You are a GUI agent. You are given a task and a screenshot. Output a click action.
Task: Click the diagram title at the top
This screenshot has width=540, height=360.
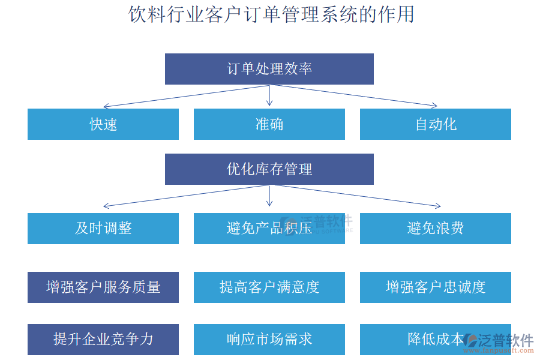point(271,14)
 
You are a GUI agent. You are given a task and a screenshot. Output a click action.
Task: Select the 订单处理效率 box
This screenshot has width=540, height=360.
point(269,69)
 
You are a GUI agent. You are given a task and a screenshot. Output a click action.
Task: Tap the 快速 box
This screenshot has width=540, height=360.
point(103,124)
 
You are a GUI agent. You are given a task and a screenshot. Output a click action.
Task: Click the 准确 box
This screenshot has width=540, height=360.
point(269,124)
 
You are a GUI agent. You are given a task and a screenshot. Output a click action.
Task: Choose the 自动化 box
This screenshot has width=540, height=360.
point(436,124)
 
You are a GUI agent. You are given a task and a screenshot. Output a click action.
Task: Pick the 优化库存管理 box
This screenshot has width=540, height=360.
point(269,169)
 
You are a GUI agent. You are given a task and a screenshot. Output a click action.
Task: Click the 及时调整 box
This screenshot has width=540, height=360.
point(103,229)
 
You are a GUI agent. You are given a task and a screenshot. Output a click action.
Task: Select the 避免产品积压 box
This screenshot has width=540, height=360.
point(269,229)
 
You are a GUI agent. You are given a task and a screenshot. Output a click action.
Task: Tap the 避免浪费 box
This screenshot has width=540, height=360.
point(436,229)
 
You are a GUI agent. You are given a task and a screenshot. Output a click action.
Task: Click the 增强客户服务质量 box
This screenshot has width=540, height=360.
point(103,287)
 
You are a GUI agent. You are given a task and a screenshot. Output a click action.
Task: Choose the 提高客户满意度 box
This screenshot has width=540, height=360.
point(269,287)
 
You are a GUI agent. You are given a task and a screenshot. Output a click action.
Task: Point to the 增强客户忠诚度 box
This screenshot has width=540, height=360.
point(436,287)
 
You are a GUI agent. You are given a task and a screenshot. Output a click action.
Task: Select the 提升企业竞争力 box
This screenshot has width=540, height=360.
point(103,340)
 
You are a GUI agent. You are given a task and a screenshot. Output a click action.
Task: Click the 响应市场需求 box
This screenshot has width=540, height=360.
point(269,340)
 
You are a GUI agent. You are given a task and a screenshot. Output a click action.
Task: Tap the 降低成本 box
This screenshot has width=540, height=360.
point(420,340)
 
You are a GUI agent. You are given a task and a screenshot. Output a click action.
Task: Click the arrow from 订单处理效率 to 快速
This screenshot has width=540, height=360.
point(186,96)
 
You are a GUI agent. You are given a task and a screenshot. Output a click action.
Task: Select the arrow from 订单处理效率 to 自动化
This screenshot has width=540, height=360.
point(354,96)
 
